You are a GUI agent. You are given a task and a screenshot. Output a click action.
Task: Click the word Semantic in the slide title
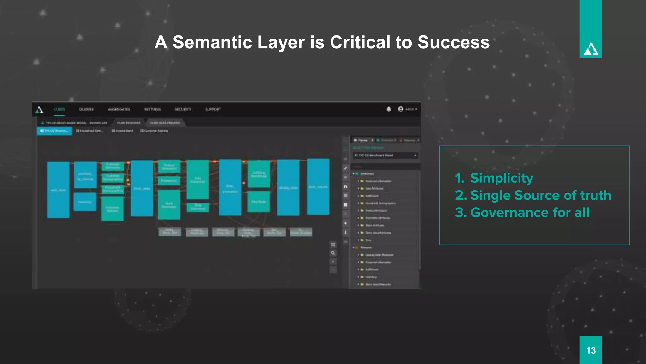[212, 42]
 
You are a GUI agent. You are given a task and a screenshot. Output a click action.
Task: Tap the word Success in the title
[453, 42]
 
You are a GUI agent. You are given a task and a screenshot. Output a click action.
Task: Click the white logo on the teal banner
[590, 49]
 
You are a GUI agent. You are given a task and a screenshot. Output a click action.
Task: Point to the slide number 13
[590, 350]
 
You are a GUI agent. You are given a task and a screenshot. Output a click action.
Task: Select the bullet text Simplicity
[502, 178]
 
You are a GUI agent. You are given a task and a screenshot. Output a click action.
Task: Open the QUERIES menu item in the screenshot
[86, 109]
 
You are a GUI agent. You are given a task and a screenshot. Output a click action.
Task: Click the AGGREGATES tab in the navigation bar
[119, 109]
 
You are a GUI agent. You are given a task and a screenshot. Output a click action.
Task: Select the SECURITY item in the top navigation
[183, 109]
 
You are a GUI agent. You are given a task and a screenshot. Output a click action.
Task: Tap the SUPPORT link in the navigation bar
[213, 109]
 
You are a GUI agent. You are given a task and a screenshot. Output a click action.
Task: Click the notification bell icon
[389, 109]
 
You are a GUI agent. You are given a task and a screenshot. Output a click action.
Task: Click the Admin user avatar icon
[401, 109]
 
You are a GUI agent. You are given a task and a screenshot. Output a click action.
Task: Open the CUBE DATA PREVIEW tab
[165, 123]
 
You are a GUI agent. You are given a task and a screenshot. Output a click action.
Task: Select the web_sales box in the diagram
[58, 190]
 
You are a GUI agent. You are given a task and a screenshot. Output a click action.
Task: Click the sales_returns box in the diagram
[318, 187]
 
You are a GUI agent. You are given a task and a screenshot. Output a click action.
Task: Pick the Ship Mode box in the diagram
[259, 202]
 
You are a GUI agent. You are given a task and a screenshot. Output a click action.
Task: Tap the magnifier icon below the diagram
[333, 253]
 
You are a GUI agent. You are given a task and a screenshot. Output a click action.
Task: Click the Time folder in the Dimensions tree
[368, 240]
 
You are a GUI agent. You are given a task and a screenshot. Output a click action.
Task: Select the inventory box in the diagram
[85, 202]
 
